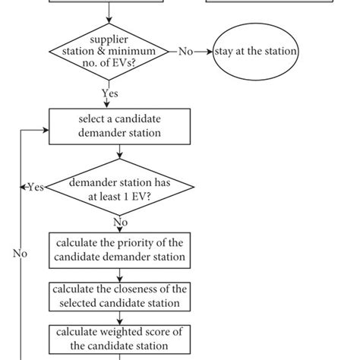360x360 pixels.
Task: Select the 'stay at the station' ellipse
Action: (x=255, y=52)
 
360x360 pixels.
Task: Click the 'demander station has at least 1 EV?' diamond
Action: (x=119, y=188)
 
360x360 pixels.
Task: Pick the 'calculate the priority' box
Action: (x=119, y=249)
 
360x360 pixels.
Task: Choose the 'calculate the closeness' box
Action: (x=119, y=296)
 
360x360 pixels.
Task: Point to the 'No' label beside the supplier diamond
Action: (x=186, y=52)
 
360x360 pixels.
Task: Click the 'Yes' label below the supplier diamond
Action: (x=110, y=93)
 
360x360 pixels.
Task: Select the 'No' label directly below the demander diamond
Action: (x=120, y=223)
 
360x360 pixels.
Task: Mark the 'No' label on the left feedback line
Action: (x=21, y=253)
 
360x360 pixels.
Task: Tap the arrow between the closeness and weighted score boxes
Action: (x=119, y=318)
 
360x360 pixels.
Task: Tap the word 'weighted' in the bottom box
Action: (x=129, y=332)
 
